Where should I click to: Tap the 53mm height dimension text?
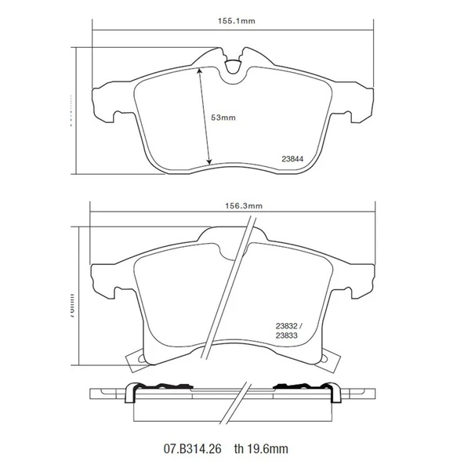tap(223, 118)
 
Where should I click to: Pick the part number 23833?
tap(286, 337)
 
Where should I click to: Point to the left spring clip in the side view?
tap(157, 389)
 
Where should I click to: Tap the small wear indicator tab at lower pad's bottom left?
tap(136, 360)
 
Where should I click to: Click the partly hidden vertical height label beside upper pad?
tap(71, 110)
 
